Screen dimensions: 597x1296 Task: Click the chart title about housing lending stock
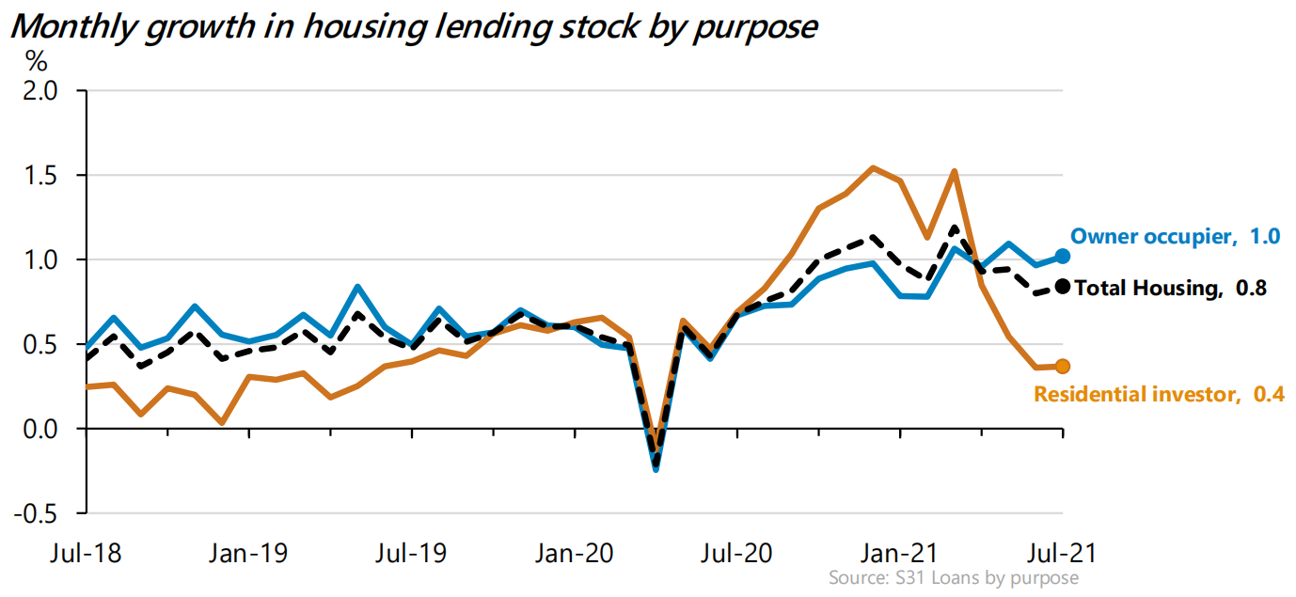[x=414, y=26]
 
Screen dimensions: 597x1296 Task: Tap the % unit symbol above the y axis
[x=36, y=62]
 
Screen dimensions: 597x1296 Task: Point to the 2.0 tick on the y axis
[x=40, y=91]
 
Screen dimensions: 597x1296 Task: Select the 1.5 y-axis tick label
[x=40, y=176]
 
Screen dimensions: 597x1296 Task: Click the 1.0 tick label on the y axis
[x=40, y=260]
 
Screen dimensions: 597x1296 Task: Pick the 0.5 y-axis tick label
[x=40, y=345]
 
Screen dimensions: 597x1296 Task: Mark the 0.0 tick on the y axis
[x=40, y=430]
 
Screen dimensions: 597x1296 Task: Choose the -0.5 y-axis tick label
[x=38, y=514]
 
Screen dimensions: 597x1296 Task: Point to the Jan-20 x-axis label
[x=574, y=551]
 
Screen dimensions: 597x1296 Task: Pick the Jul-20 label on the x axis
[x=736, y=551]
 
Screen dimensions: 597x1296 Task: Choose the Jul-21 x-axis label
[x=1064, y=551]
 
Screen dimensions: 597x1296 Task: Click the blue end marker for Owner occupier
[x=1063, y=256]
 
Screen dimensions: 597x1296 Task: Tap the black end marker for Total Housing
[x=1063, y=287]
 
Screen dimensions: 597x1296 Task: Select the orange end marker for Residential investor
[x=1063, y=367]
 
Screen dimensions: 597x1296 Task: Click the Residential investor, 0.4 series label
[x=1159, y=395]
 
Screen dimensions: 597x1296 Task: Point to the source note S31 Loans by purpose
[x=954, y=577]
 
